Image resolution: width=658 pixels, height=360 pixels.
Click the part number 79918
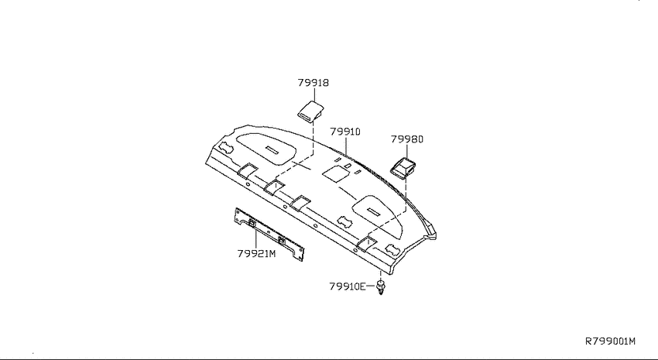[314, 83]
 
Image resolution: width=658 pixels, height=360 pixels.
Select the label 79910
[345, 132]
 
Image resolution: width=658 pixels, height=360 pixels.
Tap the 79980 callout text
[407, 139]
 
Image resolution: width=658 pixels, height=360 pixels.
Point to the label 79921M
[256, 254]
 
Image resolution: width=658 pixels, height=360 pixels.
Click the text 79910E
[348, 286]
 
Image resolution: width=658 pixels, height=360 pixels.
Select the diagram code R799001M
[611, 341]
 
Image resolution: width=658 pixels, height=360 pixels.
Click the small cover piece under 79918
[311, 111]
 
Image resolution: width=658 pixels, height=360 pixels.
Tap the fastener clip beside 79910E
[381, 288]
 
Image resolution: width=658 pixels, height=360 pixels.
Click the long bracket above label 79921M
[269, 235]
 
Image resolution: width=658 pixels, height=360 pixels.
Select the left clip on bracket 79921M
[252, 223]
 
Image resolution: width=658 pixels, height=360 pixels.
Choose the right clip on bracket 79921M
[281, 241]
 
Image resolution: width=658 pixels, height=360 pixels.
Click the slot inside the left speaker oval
[272, 149]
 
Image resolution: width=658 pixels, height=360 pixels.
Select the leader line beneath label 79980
[407, 151]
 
